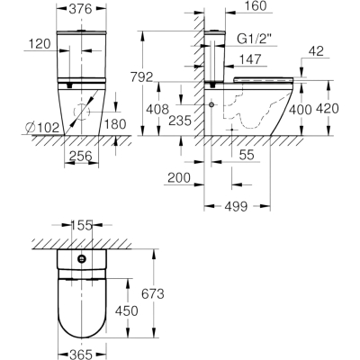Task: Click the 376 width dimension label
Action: click(80, 9)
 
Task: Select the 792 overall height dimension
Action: click(141, 77)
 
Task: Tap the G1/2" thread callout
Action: click(255, 39)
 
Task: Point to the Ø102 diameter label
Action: click(43, 128)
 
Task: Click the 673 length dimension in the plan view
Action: click(153, 293)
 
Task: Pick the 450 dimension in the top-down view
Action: click(127, 310)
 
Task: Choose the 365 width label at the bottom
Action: click(81, 355)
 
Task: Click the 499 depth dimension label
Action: click(236, 206)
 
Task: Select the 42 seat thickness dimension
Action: click(316, 51)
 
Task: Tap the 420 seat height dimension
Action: click(328, 109)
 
